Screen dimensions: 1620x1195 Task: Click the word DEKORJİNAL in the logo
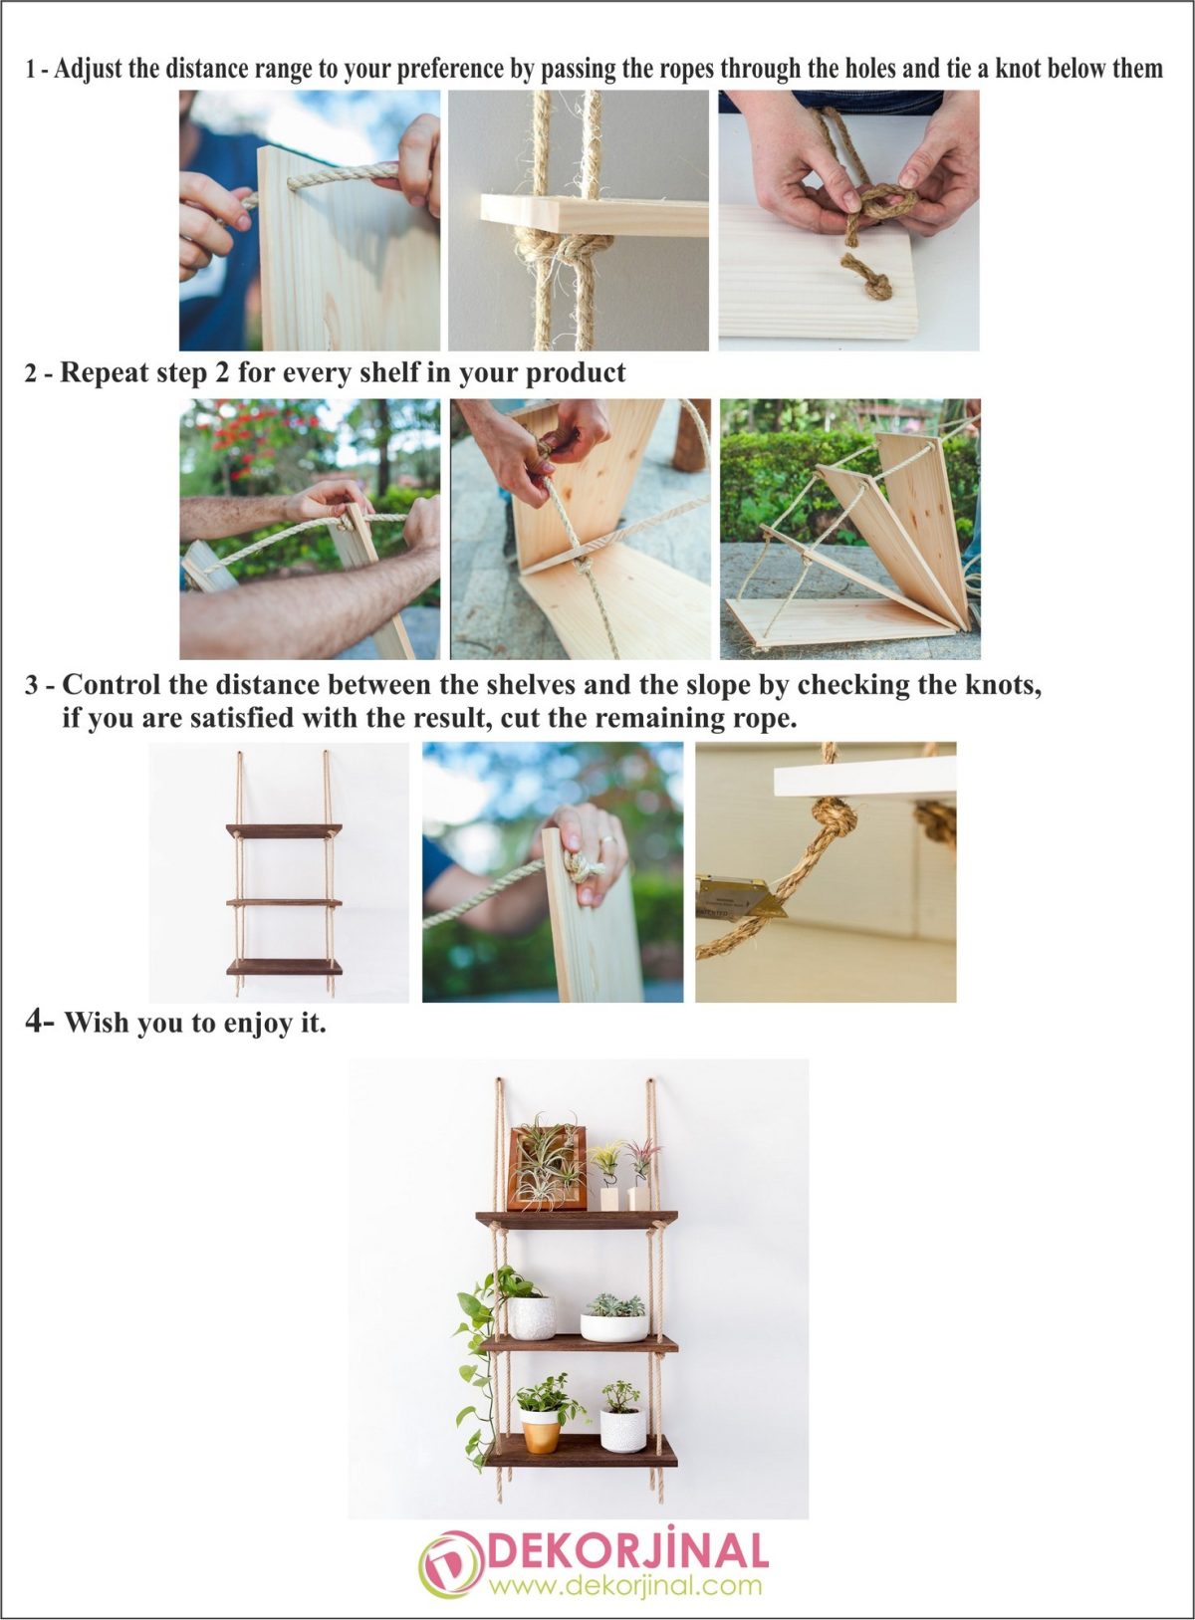point(626,1551)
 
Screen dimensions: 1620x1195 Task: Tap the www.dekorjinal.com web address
point(625,1585)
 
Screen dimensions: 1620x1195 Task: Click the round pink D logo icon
point(449,1565)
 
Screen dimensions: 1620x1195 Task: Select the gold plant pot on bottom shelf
point(540,1435)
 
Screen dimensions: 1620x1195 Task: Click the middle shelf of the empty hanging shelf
point(284,902)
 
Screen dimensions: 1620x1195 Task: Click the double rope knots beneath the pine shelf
point(559,255)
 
